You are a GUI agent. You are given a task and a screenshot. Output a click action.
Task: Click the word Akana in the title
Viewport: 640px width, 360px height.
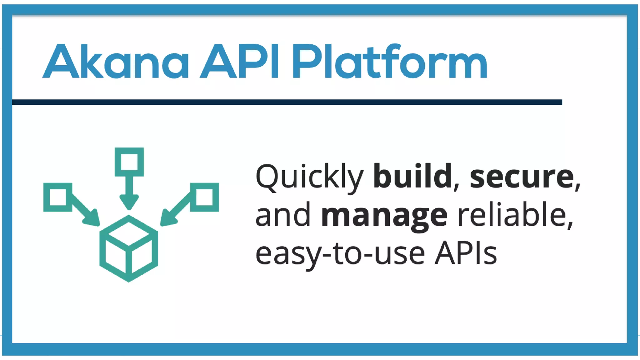[116, 61]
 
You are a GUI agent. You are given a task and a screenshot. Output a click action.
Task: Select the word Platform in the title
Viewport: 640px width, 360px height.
[389, 61]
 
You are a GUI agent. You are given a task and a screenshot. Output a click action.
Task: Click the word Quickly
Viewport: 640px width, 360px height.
[309, 177]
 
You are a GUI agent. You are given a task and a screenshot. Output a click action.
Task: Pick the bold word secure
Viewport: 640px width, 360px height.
[522, 177]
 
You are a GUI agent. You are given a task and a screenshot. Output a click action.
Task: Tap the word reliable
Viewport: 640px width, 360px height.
[512, 215]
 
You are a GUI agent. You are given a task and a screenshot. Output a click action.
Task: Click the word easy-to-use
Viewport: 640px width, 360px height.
[340, 254]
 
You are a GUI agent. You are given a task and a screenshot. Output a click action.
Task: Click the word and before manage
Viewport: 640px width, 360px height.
[283, 215]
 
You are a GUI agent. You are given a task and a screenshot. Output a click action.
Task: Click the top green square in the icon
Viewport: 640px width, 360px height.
[129, 162]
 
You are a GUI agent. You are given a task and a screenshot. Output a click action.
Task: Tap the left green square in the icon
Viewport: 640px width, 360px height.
[58, 197]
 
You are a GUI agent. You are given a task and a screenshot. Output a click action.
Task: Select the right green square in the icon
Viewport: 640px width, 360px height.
[204, 197]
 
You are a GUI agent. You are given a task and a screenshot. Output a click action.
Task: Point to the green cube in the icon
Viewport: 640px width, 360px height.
[129, 248]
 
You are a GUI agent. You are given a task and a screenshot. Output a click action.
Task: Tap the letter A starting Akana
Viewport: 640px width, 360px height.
[61, 61]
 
